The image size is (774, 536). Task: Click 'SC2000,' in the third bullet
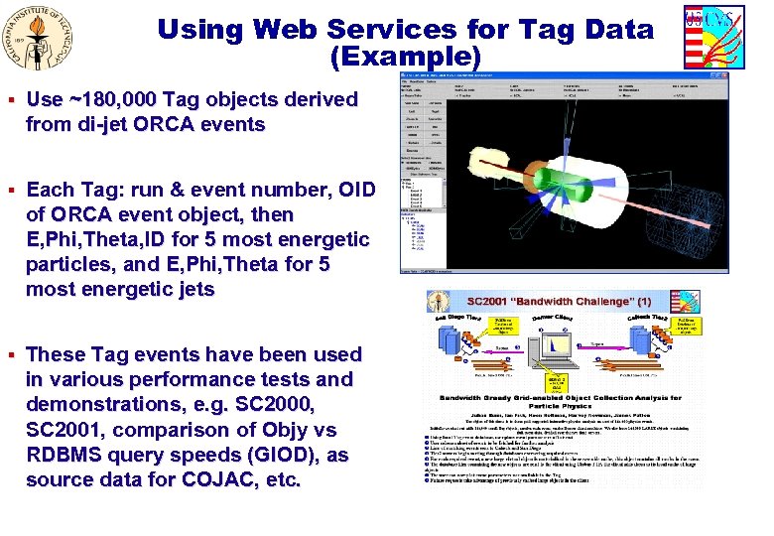click(x=267, y=405)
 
